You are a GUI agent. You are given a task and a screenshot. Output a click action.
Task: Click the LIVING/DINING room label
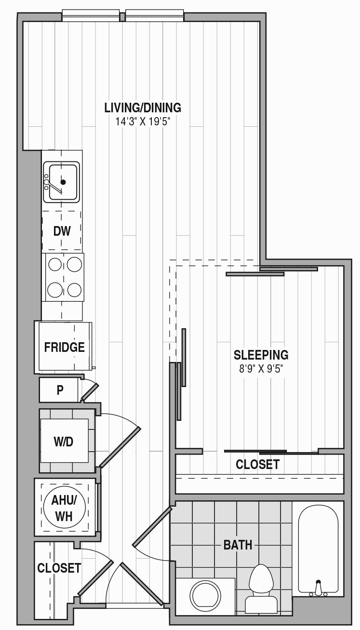[143, 108]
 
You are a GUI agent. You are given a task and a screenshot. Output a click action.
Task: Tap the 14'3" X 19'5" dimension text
[143, 122]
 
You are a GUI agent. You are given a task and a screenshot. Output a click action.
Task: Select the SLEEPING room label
[261, 355]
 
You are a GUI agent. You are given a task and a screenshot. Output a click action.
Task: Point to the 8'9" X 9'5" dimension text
[261, 369]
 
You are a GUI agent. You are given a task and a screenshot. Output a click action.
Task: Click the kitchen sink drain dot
[63, 182]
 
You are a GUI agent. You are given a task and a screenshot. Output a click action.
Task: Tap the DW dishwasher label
[62, 231]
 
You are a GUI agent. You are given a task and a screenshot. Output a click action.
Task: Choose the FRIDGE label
[65, 348]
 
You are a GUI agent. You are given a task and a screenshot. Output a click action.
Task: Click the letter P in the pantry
[60, 390]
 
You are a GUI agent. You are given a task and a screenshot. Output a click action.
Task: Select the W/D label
[64, 442]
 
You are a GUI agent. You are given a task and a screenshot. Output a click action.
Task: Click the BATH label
[238, 545]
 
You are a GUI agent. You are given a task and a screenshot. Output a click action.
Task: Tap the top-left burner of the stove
[55, 264]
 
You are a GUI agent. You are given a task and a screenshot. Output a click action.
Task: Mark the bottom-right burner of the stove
[75, 290]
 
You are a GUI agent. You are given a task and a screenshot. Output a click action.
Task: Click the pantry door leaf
[90, 392]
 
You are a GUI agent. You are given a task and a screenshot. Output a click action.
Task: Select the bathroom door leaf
[152, 527]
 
